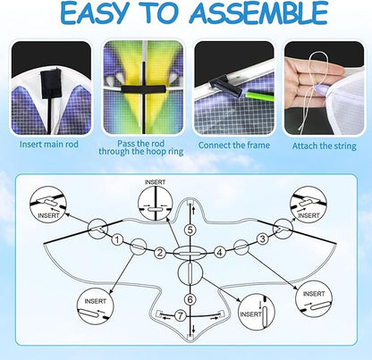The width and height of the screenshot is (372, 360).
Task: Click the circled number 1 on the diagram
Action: [118, 239]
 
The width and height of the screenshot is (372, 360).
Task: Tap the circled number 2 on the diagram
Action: [160, 253]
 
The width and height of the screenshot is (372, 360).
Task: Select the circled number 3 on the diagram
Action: [263, 239]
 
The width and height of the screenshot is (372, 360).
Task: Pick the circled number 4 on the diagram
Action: [220, 253]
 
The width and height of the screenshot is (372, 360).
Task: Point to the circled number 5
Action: [190, 230]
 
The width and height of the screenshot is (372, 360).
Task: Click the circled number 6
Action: [190, 299]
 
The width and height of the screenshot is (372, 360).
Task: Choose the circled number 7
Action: [180, 315]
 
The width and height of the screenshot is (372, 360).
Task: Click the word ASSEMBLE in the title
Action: [258, 13]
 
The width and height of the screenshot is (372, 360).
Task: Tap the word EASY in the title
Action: [94, 13]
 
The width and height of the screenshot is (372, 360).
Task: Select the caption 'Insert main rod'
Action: [49, 145]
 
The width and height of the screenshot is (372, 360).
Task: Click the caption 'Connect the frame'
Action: [234, 146]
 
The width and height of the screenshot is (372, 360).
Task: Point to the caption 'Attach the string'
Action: [324, 146]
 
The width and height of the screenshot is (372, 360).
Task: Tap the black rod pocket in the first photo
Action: [50, 85]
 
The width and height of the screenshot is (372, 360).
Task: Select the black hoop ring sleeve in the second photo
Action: [142, 89]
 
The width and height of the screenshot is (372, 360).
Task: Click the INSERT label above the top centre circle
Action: [155, 182]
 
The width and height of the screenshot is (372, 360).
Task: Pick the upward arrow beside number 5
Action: [193, 211]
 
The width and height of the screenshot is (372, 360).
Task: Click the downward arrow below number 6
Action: [194, 329]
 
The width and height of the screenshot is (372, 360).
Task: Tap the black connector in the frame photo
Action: [225, 86]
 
